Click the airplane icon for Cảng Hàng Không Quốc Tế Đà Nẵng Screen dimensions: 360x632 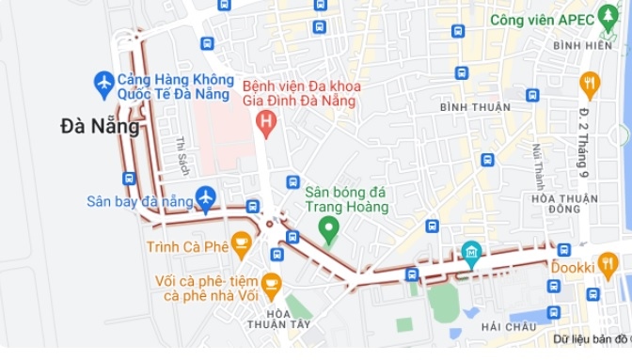point(104,84)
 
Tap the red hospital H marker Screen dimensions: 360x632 point(267,121)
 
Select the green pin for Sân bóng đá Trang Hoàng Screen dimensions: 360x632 point(328,227)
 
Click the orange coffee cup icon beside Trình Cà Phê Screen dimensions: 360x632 point(242,245)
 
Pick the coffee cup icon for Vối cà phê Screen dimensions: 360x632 point(271,284)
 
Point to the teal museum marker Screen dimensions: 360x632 point(471,252)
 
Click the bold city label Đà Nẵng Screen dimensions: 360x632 point(100,126)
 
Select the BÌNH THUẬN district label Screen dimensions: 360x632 point(476,107)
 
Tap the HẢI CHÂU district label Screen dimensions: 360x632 point(508,326)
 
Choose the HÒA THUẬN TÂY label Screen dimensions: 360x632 point(277,319)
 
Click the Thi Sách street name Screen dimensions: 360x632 point(182,156)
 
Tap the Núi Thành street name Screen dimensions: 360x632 point(539,166)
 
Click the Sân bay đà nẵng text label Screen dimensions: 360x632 point(139,201)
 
